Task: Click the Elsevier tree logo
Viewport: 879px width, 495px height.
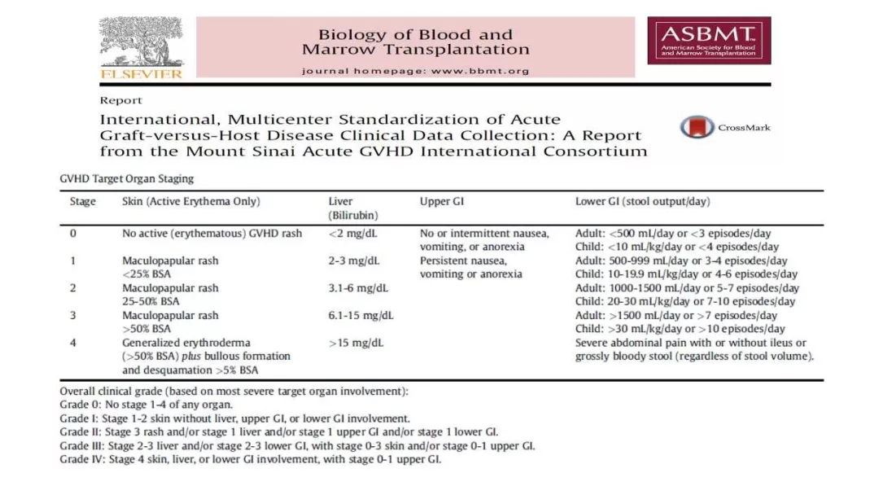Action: click(x=142, y=47)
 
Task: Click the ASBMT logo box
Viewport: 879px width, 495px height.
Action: click(x=709, y=41)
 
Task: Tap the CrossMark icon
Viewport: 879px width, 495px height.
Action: click(x=692, y=127)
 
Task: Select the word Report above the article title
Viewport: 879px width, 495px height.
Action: click(x=120, y=101)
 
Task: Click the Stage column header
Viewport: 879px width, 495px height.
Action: click(x=83, y=202)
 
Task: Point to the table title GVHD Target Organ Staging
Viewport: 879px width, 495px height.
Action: click(x=127, y=178)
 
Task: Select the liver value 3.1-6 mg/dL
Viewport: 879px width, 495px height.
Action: click(x=358, y=288)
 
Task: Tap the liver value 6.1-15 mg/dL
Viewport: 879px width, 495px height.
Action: click(x=361, y=315)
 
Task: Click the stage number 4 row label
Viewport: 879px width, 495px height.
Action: click(x=73, y=343)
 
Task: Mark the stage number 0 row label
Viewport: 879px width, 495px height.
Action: click(x=73, y=234)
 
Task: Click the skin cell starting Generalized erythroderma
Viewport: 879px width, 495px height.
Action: click(x=206, y=356)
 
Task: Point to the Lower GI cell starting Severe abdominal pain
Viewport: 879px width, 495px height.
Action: click(x=694, y=349)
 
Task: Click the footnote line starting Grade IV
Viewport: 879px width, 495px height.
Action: click(x=251, y=460)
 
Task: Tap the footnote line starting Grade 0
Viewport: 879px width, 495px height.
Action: click(x=146, y=405)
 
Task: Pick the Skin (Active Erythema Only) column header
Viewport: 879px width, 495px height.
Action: click(x=191, y=202)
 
